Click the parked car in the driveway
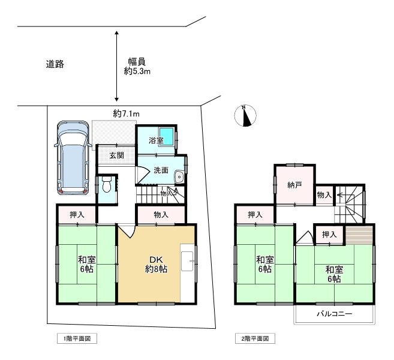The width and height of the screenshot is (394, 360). pyautogui.click(x=72, y=158)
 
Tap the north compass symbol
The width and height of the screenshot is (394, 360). pyautogui.click(x=245, y=115)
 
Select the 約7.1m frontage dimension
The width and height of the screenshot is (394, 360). pyautogui.click(x=126, y=113)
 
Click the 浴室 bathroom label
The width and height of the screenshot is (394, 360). pyautogui.click(x=156, y=141)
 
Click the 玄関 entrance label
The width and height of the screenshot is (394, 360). pyautogui.click(x=116, y=155)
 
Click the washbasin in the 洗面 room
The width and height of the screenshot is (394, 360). pyautogui.click(x=179, y=176)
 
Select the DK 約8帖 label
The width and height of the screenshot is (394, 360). pyautogui.click(x=156, y=265)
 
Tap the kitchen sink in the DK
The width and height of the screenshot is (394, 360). pyautogui.click(x=187, y=259)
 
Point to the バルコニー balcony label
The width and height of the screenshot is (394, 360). pyautogui.click(x=334, y=314)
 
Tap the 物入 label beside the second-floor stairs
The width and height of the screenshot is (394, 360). pyautogui.click(x=324, y=195)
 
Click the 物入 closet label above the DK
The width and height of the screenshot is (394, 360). pyautogui.click(x=161, y=214)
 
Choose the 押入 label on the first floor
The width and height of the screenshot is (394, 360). pyautogui.click(x=77, y=214)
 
